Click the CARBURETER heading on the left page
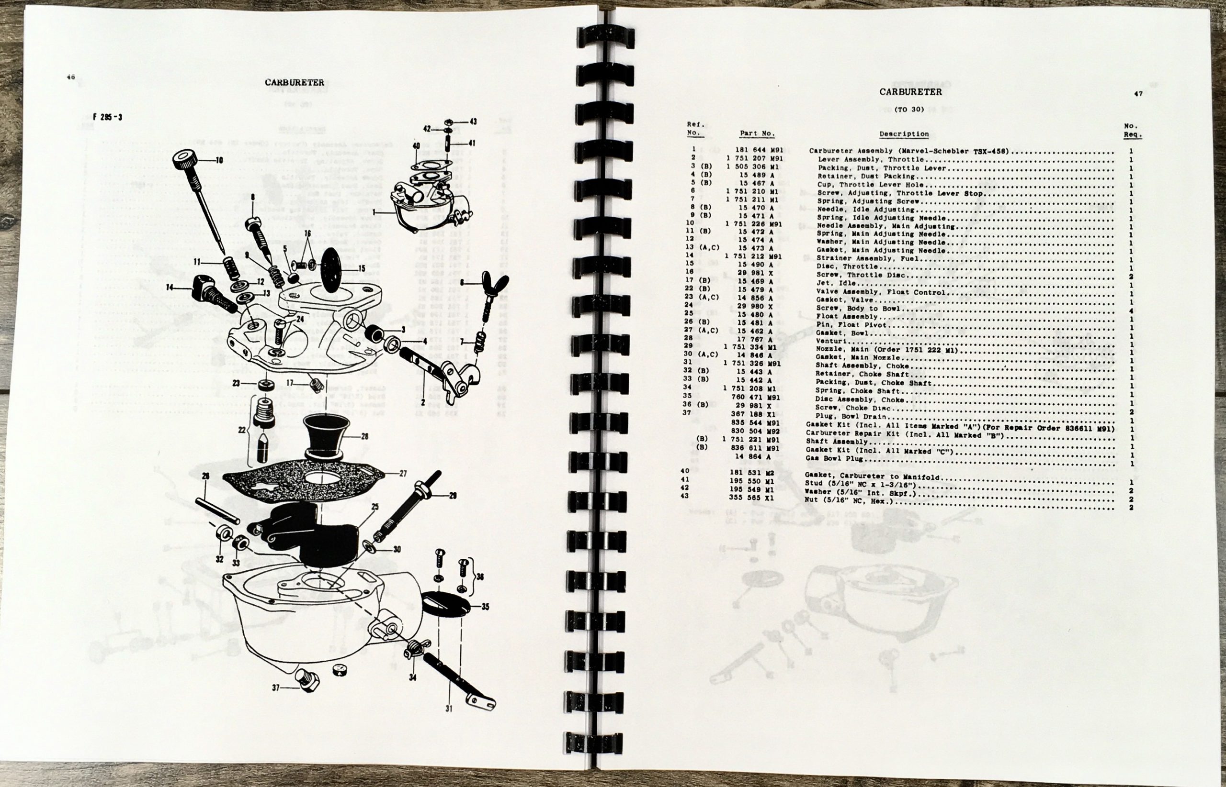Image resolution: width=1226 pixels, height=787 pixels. [x=294, y=82]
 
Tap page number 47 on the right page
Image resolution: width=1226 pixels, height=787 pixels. [x=1138, y=93]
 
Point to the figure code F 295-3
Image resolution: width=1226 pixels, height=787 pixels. [x=107, y=117]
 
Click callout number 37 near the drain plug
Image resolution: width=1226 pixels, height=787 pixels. [x=276, y=687]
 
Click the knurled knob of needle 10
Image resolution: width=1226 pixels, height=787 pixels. [x=188, y=160]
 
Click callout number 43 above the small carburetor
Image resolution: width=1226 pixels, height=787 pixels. [x=473, y=122]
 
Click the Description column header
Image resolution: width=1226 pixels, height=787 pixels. [x=904, y=134]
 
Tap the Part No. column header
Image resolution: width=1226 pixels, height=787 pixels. [x=757, y=133]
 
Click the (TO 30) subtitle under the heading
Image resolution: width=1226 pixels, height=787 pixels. [x=909, y=109]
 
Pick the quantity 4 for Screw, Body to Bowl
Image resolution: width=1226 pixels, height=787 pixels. [x=1131, y=310]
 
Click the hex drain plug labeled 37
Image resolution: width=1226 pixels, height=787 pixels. [x=308, y=679]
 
